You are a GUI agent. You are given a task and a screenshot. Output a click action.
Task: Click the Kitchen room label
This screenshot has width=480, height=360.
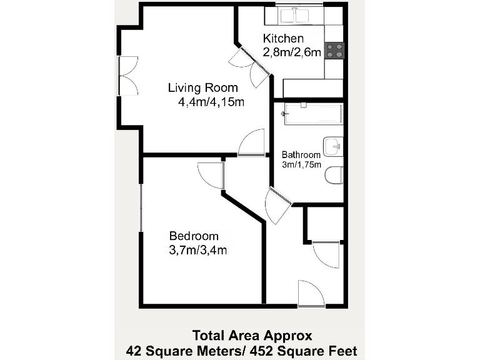(283, 39)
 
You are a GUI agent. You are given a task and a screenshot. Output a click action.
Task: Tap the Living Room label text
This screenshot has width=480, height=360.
(202, 87)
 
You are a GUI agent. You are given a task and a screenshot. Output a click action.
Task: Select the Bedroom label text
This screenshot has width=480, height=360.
(194, 236)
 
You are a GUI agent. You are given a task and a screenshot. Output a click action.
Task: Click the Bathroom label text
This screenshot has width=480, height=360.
(301, 155)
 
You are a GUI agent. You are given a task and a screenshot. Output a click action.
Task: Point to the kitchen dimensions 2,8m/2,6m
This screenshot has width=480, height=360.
(292, 53)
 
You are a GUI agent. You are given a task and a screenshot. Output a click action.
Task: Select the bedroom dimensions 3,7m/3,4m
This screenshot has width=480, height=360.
(197, 251)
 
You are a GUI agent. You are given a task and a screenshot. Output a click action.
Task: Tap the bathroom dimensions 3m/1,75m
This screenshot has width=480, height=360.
(301, 165)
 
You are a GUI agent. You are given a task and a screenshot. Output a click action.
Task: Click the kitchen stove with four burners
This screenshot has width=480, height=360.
(335, 50)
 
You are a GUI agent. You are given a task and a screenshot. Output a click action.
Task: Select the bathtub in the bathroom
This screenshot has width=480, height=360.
(312, 114)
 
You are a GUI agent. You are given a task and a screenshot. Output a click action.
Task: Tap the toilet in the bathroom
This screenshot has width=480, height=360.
(334, 176)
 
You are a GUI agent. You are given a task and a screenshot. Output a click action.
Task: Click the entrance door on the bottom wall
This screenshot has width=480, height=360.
(311, 295)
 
